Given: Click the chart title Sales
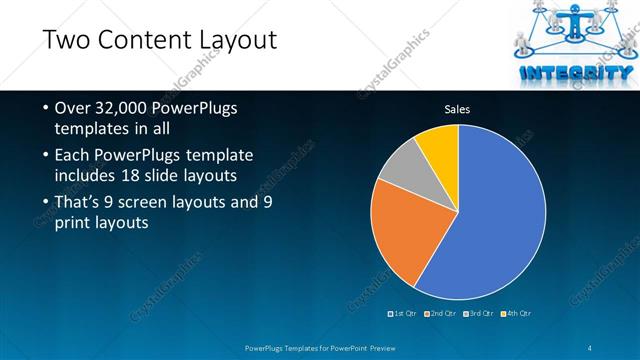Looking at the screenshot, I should [457, 109].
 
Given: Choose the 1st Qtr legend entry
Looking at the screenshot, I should [403, 313].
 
